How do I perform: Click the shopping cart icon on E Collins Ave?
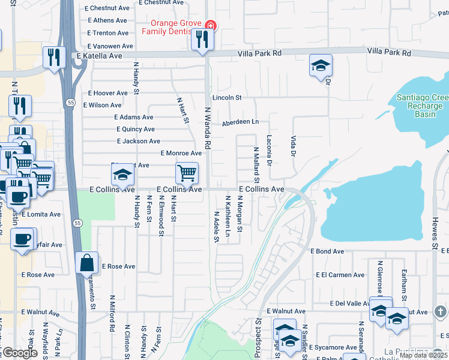187,173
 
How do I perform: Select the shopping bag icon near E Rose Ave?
87,262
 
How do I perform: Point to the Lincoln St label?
226,97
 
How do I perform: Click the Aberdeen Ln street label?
240,122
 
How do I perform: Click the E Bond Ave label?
327,251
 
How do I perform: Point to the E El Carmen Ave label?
340,275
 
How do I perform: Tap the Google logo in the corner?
20,353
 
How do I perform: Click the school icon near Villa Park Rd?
321,65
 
